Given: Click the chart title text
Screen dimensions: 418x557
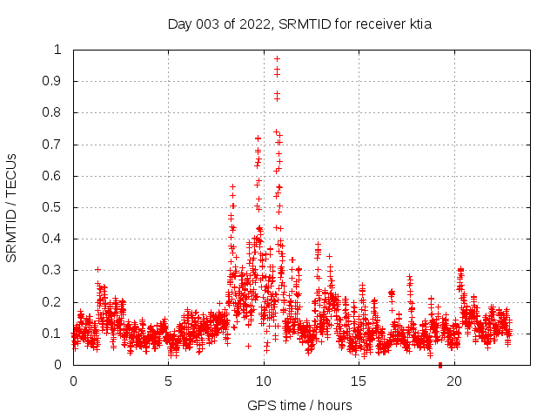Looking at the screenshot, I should pyautogui.click(x=299, y=24).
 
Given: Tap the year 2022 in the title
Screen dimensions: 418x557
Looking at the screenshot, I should pyautogui.click(x=256, y=24).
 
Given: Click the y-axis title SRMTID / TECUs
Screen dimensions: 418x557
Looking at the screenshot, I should pyautogui.click(x=11, y=207).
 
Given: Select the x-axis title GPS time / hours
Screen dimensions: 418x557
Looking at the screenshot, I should pyautogui.click(x=299, y=405).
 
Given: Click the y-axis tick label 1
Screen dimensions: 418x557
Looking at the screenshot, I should pyautogui.click(x=57, y=50).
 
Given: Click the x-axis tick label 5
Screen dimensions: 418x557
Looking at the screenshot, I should pyautogui.click(x=168, y=381).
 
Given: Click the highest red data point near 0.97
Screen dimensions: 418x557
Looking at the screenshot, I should pyautogui.click(x=277, y=59).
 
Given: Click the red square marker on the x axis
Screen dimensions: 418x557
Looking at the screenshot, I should pyautogui.click(x=440, y=365).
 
